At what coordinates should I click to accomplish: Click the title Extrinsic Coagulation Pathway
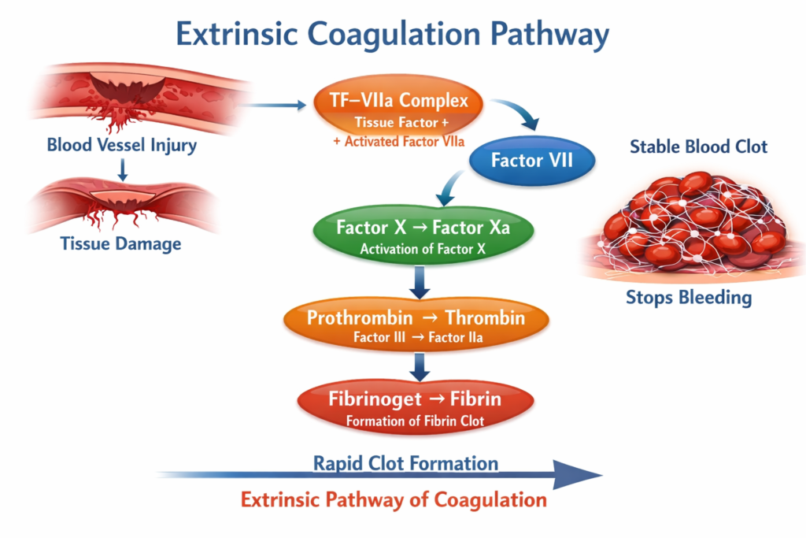point(391,35)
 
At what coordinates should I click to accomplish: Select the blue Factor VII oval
point(531,161)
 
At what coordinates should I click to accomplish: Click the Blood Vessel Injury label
point(122,145)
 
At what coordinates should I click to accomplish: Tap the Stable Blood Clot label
point(698,147)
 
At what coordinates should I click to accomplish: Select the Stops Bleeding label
point(689,297)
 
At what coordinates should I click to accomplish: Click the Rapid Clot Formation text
point(405,462)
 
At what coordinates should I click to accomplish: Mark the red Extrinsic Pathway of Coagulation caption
point(394,499)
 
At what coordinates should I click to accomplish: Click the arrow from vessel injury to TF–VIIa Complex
point(272,104)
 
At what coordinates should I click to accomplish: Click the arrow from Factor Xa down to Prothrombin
point(420,282)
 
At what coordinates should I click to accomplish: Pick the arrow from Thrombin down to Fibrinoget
point(420,365)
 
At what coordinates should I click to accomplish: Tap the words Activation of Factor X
point(423,250)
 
